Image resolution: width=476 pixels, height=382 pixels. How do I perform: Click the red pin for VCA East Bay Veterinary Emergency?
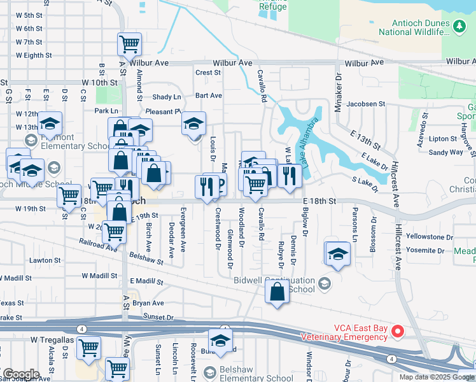pyautogui.click(x=398, y=331)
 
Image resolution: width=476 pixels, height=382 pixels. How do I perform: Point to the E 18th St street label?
pyautogui.click(x=318, y=201)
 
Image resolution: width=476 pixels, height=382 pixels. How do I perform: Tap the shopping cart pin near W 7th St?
pyautogui.click(x=129, y=45)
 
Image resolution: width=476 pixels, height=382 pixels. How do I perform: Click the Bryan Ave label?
pyautogui.click(x=148, y=303)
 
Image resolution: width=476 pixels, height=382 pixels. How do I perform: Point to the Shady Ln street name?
pyautogui.click(x=167, y=97)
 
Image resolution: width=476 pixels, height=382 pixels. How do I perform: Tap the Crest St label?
pyautogui.click(x=208, y=73)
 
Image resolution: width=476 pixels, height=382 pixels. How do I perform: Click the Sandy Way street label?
pyautogui.click(x=445, y=152)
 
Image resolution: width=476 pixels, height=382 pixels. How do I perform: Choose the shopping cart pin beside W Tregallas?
pyautogui.click(x=88, y=348)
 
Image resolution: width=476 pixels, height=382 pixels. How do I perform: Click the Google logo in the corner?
pyautogui.click(x=20, y=374)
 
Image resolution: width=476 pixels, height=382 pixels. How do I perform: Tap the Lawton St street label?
pyautogui.click(x=46, y=260)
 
